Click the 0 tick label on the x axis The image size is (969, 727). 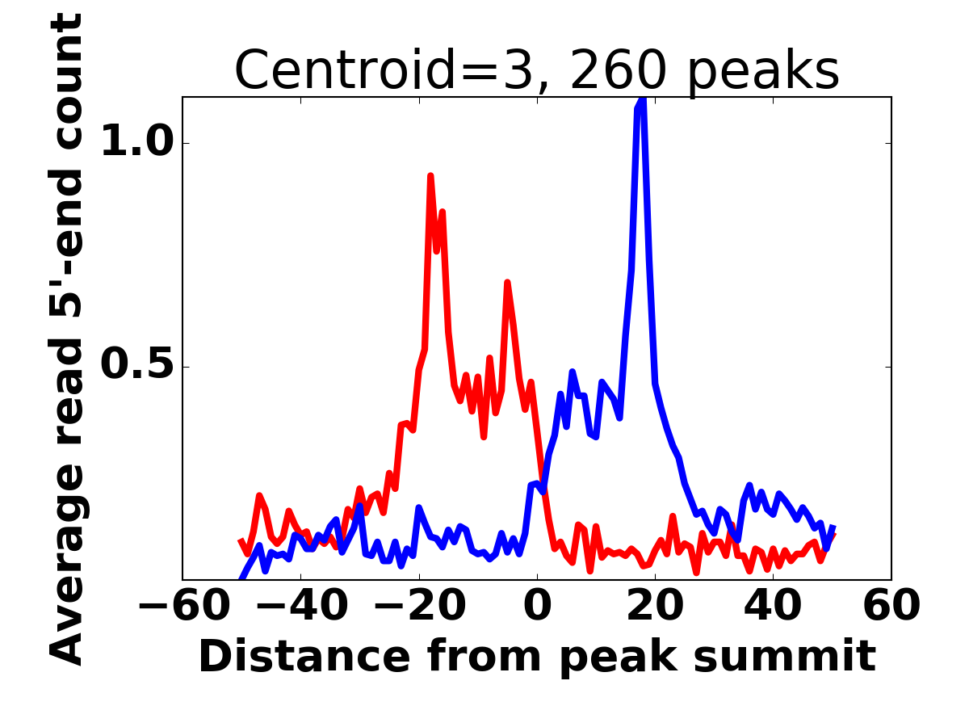pyautogui.click(x=537, y=606)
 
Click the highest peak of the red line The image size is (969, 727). pyautogui.click(x=430, y=175)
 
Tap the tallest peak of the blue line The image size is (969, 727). pyautogui.click(x=642, y=100)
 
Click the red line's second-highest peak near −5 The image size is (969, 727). pyautogui.click(x=507, y=283)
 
